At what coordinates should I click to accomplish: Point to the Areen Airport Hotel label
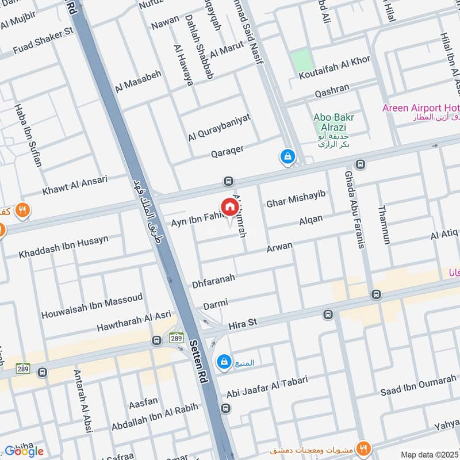point(420,108)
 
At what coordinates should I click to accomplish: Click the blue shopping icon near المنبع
point(223,362)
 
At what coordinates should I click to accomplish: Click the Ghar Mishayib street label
point(296,199)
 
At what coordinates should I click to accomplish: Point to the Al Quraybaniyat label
point(219,128)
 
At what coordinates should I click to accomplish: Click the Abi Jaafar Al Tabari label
point(267,386)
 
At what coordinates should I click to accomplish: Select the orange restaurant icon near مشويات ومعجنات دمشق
point(363,447)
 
